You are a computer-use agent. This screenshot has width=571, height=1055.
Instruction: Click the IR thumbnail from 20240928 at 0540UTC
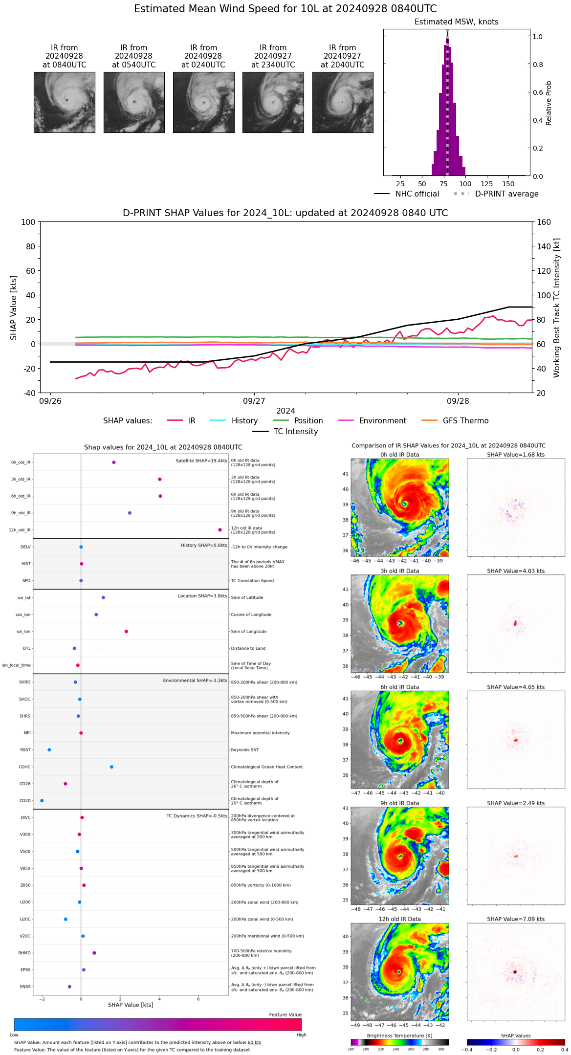pos(134,102)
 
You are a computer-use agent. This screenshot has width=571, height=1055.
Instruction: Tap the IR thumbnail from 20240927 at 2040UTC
pos(343,102)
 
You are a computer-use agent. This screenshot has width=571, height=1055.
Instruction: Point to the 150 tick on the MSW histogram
pos(508,184)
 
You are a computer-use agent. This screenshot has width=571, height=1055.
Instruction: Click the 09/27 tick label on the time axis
pos(254,401)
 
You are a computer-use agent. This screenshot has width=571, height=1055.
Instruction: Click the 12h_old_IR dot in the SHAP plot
pos(220,530)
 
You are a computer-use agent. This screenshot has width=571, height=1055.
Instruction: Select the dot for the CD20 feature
pos(42,801)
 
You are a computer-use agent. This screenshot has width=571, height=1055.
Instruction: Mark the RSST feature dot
pos(49,750)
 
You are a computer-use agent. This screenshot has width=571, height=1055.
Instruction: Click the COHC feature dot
pos(112,767)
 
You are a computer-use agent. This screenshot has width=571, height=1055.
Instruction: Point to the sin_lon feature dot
pos(126,632)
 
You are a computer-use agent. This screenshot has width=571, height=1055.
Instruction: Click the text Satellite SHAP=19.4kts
pos(201,461)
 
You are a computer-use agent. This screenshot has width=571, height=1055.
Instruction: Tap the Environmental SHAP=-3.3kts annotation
pos(195,681)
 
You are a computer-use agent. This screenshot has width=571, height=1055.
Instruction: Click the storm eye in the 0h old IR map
pos(404,504)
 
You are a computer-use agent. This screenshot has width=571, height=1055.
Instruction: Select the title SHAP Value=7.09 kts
pos(516,919)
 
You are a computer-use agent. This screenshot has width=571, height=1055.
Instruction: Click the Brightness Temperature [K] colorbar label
pos(399,1035)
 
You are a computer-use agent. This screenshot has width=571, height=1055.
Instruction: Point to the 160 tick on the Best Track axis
pos(544,222)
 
